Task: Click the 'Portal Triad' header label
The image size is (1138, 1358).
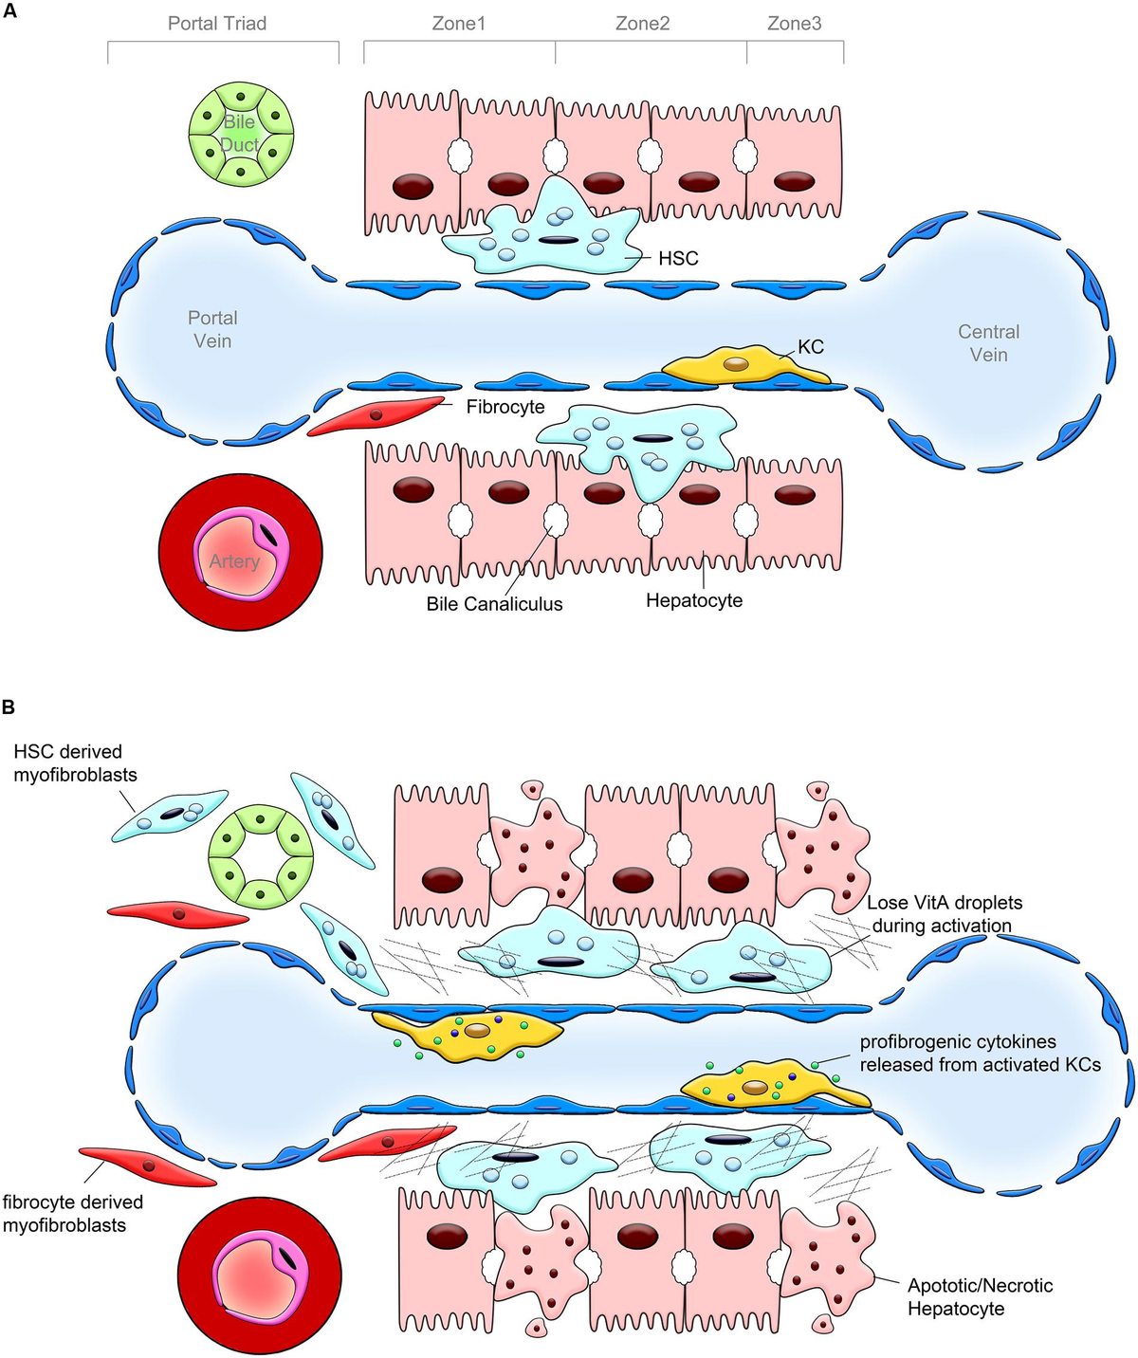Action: pyautogui.click(x=217, y=24)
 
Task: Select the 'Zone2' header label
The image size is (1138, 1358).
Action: pyautogui.click(x=642, y=24)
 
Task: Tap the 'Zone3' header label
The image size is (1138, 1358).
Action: pyautogui.click(x=794, y=24)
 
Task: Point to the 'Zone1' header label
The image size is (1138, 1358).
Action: pyautogui.click(x=459, y=24)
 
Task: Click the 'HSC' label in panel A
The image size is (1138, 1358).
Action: pyautogui.click(x=678, y=258)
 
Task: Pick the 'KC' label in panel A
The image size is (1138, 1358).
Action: pyautogui.click(x=810, y=347)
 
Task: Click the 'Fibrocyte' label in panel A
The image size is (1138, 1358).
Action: pyautogui.click(x=505, y=407)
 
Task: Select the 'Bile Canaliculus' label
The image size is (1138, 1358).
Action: pyautogui.click(x=494, y=604)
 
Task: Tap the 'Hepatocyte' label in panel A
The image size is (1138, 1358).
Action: pyautogui.click(x=694, y=600)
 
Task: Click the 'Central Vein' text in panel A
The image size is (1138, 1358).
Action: pyautogui.click(x=988, y=343)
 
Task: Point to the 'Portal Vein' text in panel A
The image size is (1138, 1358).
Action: pyautogui.click(x=212, y=329)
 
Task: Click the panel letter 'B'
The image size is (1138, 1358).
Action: pyautogui.click(x=9, y=707)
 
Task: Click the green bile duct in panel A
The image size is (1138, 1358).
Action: pyautogui.click(x=241, y=134)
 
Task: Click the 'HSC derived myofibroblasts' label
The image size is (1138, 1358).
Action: pyautogui.click(x=75, y=763)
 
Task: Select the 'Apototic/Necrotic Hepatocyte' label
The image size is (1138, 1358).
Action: pyautogui.click(x=980, y=1297)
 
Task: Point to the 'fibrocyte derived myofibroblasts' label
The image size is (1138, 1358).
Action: pyautogui.click(x=72, y=1214)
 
